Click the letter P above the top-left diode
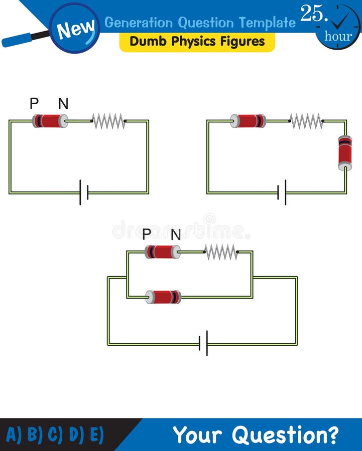click(x=34, y=104)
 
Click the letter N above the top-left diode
click(x=63, y=104)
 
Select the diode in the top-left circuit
click(x=50, y=121)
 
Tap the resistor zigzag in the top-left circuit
click(x=108, y=121)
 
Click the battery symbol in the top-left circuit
click(x=84, y=192)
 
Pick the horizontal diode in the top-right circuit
click(x=248, y=121)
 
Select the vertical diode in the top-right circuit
click(x=345, y=153)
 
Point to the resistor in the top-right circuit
click(x=306, y=121)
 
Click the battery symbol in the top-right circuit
click(x=282, y=192)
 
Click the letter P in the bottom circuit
click(x=147, y=234)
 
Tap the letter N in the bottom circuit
click(x=176, y=234)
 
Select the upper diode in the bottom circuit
click(x=163, y=252)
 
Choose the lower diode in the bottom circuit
click(x=163, y=297)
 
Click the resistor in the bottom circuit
click(x=221, y=252)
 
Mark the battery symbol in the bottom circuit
click(x=203, y=344)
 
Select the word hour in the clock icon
click(x=338, y=36)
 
